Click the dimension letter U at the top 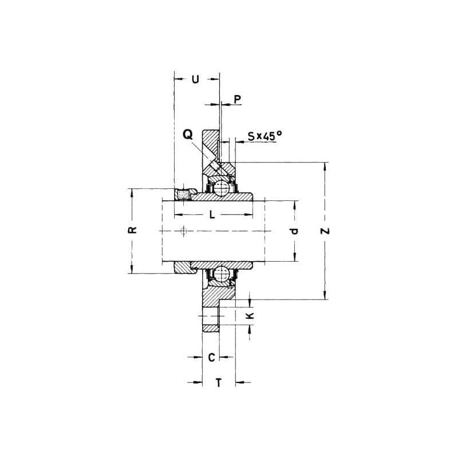(195, 79)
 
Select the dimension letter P (238, 99)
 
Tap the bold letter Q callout (188, 135)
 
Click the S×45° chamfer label (265, 136)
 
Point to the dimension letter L (212, 215)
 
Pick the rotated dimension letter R (133, 230)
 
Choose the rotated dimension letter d (294, 231)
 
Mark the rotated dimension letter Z (325, 231)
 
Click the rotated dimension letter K (250, 315)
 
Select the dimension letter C (211, 357)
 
